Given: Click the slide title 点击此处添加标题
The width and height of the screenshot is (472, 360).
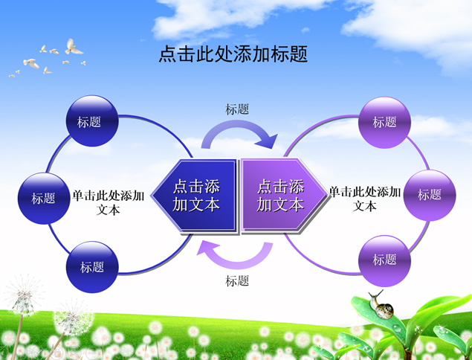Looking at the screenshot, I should coord(233,55).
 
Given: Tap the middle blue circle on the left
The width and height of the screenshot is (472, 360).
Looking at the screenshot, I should coord(43,198).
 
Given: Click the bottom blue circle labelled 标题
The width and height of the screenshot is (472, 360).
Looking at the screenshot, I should coord(92,266).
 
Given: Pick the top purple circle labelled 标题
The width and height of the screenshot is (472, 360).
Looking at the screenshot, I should coord(384,122).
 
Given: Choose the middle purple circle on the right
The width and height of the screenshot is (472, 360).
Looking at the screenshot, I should coord(429,195).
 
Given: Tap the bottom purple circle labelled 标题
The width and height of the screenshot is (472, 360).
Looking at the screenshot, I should coord(384,260).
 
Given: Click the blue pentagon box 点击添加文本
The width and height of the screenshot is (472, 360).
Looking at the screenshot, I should coord(195,195).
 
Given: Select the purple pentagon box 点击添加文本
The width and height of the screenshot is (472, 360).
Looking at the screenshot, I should coord(281,195).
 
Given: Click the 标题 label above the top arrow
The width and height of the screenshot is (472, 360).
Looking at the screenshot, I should coord(237,109).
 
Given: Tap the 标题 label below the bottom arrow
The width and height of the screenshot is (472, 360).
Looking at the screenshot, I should coord(237,281).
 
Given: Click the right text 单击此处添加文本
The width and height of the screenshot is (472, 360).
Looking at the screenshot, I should coord(365,199).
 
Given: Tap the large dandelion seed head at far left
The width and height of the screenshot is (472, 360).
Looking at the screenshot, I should coord(24,294).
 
